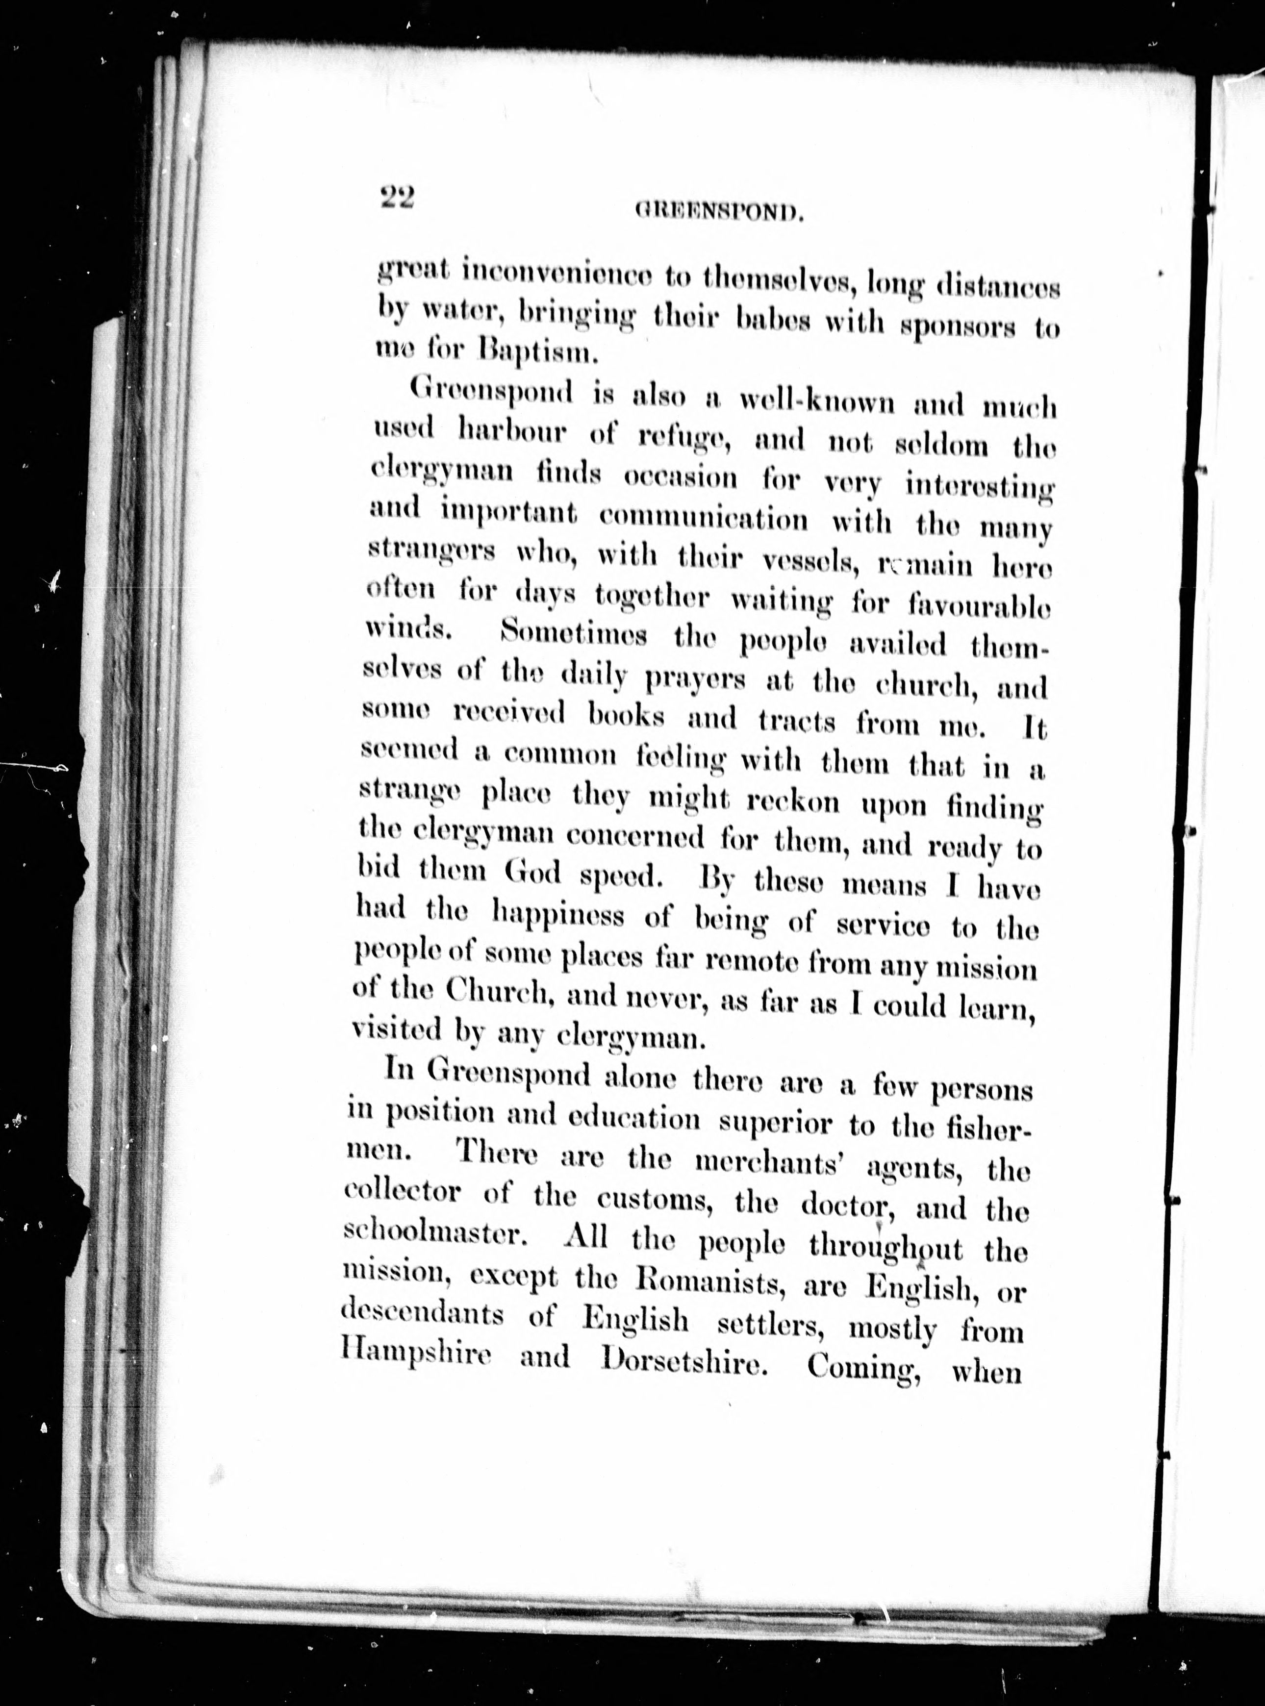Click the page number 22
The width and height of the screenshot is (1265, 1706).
click(396, 199)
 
